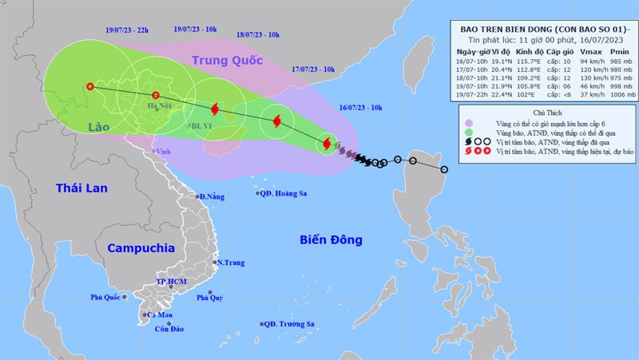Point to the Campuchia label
pos(141,248)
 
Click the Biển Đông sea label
pos(330,239)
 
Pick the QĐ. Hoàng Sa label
pos(283,193)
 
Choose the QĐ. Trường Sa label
pos(292,324)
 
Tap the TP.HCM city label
pos(172,283)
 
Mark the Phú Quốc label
pos(107,299)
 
